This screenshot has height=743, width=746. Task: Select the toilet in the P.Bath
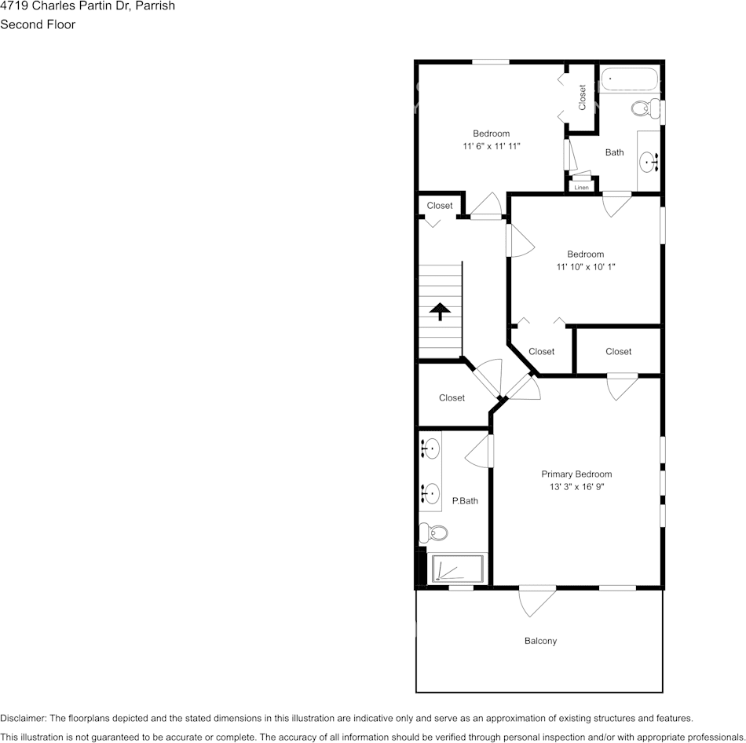coord(433,533)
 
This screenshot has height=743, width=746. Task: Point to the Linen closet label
coord(581,188)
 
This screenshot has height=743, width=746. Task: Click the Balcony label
coord(540,641)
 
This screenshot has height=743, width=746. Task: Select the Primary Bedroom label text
coord(576,474)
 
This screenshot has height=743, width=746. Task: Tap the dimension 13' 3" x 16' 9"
coord(576,487)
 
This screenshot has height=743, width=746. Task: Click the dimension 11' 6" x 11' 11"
coord(491,146)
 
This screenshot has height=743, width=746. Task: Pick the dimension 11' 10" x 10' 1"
coord(586,267)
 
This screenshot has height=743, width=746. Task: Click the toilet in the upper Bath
coord(645,108)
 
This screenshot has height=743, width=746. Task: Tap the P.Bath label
coord(465,500)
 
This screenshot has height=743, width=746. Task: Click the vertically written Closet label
coord(583,97)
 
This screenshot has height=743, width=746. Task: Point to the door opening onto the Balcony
coord(537,600)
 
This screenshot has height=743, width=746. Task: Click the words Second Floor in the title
coord(38,24)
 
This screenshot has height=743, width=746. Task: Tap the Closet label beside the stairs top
coord(440,206)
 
